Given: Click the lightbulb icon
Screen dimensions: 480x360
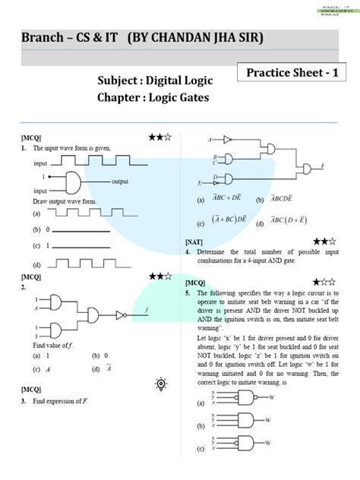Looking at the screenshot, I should pyautogui.click(x=160, y=384).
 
